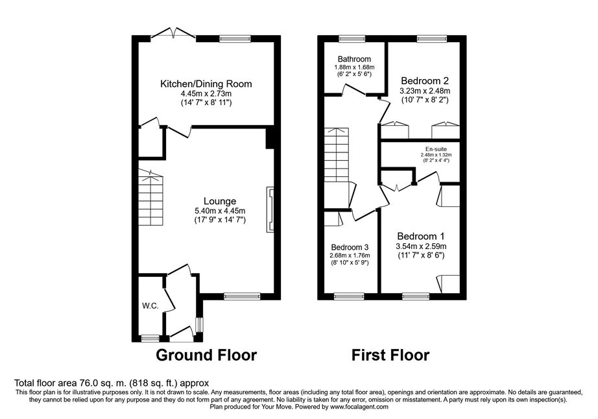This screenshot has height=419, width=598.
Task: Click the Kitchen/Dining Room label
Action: pos(206,84)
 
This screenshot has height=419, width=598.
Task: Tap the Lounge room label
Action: pos(220,201)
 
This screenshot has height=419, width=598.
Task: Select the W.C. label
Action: pos(150,305)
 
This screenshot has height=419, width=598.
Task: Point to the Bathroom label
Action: pos(354,59)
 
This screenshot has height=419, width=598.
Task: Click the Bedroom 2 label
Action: pos(424,81)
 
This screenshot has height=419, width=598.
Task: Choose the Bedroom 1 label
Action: pos(421,236)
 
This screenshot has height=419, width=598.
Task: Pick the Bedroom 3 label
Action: pos(350,247)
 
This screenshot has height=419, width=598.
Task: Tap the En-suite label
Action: pos(436,149)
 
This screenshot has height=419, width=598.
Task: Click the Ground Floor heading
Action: pos(206,355)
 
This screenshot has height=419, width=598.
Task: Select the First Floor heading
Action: pos(390,355)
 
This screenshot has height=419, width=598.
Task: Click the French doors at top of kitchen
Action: pos(174,34)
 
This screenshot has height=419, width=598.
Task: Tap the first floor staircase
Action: pos(337,154)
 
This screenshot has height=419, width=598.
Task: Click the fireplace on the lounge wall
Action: pos(270,209)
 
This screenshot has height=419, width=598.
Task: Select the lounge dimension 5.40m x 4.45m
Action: pos(220,211)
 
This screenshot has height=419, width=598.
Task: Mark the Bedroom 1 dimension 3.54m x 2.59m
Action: pos(421,246)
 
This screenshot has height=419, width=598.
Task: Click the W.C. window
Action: pos(150,338)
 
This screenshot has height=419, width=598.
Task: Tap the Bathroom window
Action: pos(352,38)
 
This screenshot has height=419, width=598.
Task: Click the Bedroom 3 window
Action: pos(349,296)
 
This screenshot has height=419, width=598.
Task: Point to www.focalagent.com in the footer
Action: pos(359,407)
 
